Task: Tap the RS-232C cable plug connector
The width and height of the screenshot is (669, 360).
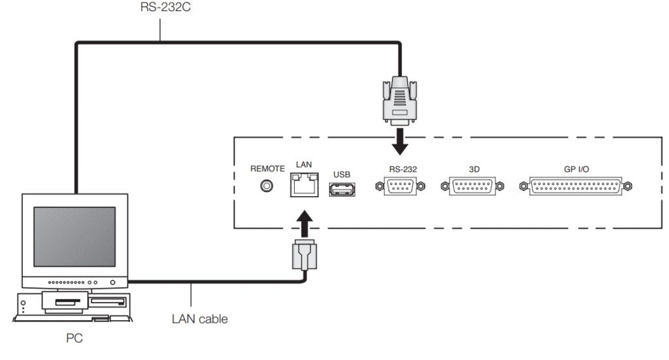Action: pyautogui.click(x=400, y=102)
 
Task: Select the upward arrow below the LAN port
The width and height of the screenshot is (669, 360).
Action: pyautogui.click(x=304, y=222)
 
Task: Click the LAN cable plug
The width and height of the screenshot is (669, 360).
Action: pyautogui.click(x=304, y=256)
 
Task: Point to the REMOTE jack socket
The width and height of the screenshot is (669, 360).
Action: pyautogui.click(x=267, y=186)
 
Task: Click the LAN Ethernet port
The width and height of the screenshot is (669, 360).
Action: pyautogui.click(x=304, y=186)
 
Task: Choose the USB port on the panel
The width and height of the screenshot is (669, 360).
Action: pyautogui.click(x=341, y=189)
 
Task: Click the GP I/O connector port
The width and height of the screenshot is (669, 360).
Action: pyautogui.click(x=576, y=186)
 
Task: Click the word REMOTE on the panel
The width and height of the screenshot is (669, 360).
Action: pyautogui.click(x=267, y=169)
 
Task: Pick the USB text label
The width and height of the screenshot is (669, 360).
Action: pyautogui.click(x=342, y=174)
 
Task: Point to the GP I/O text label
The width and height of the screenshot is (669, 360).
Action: pyautogui.click(x=576, y=169)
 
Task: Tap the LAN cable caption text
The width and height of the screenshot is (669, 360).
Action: pyautogui.click(x=200, y=319)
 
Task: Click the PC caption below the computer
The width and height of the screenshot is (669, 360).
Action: pyautogui.click(x=74, y=340)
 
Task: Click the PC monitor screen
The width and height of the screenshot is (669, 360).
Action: pyautogui.click(x=74, y=236)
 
